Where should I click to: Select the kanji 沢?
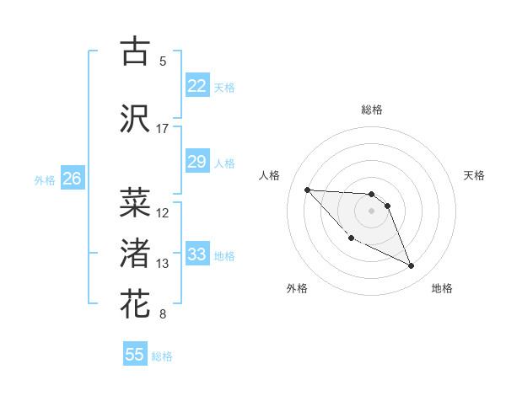(135, 118)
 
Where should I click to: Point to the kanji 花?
(135, 303)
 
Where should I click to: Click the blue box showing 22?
(196, 86)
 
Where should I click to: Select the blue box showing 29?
(196, 162)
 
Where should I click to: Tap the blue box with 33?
(196, 254)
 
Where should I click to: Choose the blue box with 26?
(72, 179)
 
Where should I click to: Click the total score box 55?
(135, 355)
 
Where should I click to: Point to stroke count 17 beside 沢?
(162, 129)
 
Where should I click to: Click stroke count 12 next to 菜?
(163, 213)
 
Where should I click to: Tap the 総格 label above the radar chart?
(372, 110)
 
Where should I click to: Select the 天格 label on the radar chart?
(475, 175)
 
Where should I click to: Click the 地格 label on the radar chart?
(442, 288)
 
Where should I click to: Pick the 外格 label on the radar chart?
(297, 288)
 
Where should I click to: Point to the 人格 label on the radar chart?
(270, 175)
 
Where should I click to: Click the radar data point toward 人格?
(307, 190)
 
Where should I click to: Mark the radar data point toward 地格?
(412, 266)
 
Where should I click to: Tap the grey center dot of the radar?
(372, 211)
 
